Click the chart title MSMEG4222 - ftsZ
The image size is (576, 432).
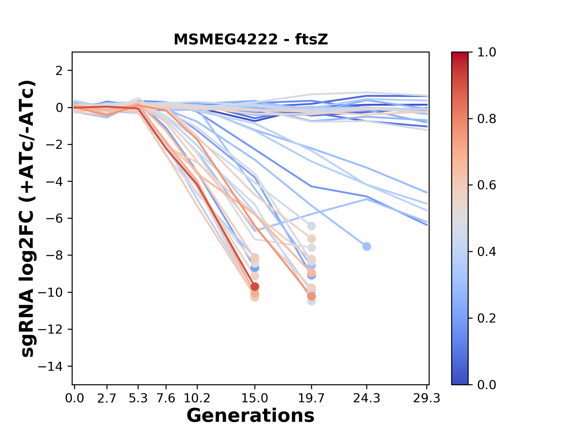click(251, 40)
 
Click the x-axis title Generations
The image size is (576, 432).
click(250, 416)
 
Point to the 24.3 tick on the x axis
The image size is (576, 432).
click(366, 398)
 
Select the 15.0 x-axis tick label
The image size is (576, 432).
click(255, 398)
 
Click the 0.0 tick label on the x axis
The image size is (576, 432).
click(74, 398)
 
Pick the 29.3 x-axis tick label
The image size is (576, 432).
click(427, 398)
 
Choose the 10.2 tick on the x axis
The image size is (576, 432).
click(197, 398)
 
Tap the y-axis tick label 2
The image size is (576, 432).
click(59, 71)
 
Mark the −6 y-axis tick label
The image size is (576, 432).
click(54, 218)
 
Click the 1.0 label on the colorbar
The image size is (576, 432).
click(487, 52)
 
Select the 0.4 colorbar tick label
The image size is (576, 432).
click(487, 252)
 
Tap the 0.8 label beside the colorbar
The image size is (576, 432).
click(487, 119)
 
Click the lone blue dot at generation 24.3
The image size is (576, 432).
click(366, 246)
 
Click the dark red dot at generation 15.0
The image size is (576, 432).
click(255, 286)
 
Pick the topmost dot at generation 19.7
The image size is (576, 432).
click(311, 226)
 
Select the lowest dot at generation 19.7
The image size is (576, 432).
click(311, 301)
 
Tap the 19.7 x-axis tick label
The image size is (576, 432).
click(311, 398)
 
